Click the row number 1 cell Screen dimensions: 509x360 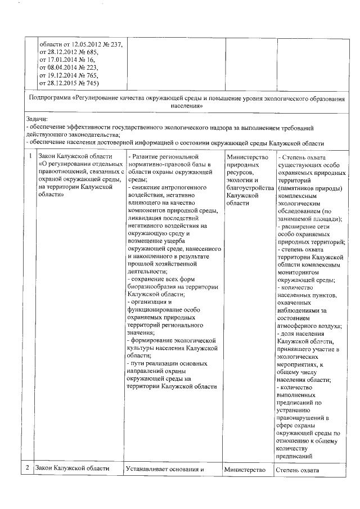(x=29, y=156)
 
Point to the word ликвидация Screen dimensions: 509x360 (x=145, y=217)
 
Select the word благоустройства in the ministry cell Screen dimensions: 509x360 (x=246, y=187)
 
